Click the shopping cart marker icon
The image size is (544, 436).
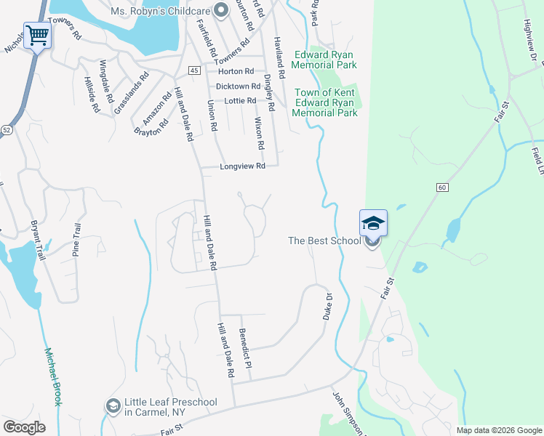click(x=37, y=34)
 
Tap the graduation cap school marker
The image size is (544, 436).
click(x=373, y=222)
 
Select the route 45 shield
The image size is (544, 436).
click(x=193, y=70)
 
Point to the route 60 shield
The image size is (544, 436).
click(x=441, y=187)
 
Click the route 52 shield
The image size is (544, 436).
click(x=7, y=129)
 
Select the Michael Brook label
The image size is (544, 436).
click(x=53, y=376)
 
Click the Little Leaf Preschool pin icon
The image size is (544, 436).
click(x=113, y=405)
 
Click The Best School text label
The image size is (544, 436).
click(x=324, y=241)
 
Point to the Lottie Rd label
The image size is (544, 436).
click(x=240, y=100)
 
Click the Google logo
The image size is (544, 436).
click(x=24, y=427)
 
